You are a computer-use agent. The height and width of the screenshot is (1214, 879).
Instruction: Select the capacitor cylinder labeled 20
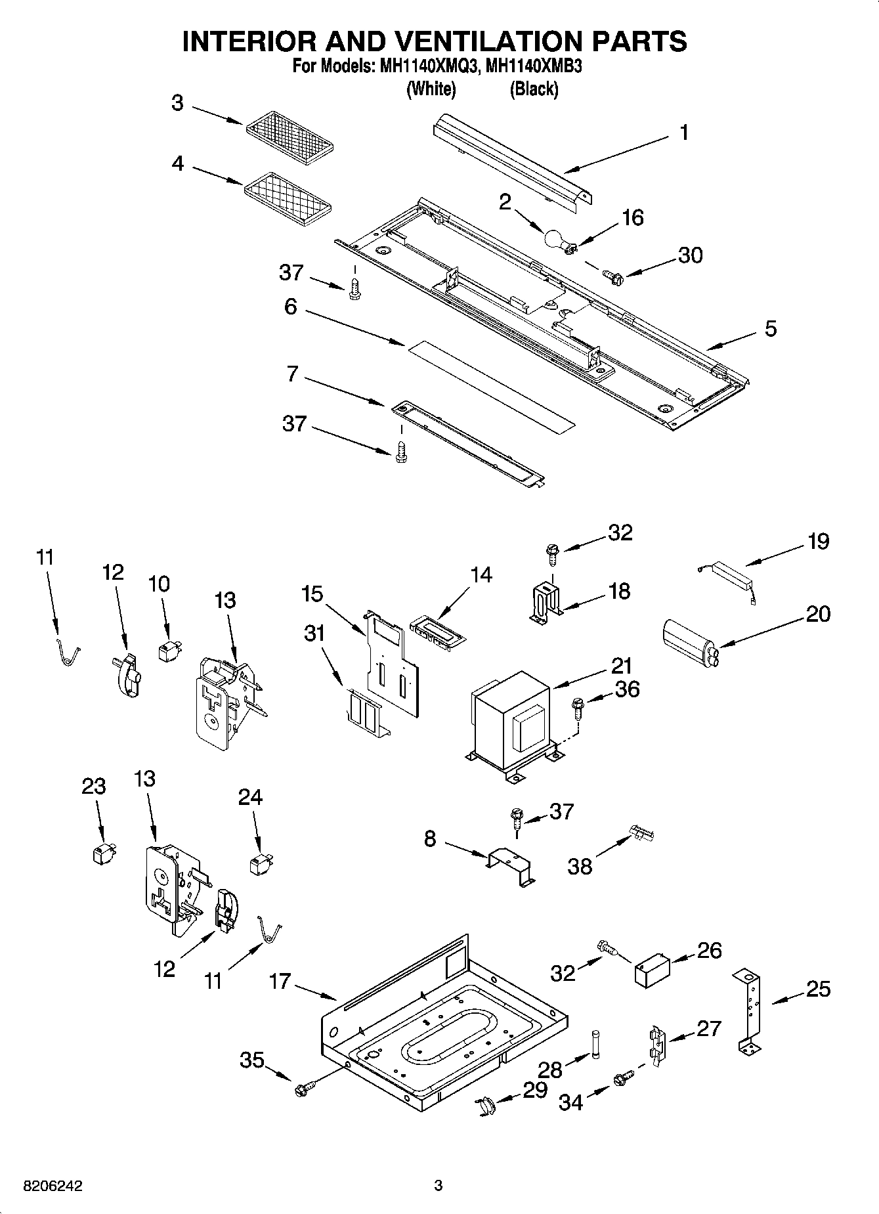click(x=689, y=638)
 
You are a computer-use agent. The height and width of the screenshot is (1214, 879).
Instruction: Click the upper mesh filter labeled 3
click(x=290, y=137)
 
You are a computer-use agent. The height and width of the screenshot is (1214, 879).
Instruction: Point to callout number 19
click(x=818, y=542)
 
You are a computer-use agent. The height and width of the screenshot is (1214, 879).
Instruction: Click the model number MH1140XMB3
click(x=532, y=68)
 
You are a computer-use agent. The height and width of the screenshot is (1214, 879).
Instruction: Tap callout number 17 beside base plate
click(x=279, y=982)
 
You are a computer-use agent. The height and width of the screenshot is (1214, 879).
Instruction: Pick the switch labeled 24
click(x=261, y=863)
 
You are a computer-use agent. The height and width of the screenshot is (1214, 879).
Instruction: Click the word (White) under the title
click(x=431, y=89)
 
